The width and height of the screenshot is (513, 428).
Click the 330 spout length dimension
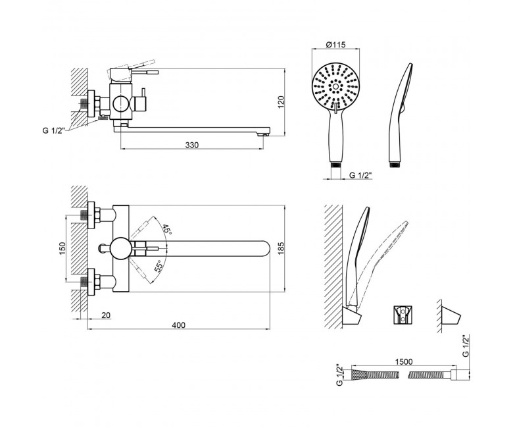pos(192,145)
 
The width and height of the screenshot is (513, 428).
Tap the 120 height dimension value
pos(281,102)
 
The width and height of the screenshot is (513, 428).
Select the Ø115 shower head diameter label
pos(335,45)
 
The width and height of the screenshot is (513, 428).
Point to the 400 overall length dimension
pos(178,325)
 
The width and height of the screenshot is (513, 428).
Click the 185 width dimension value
pos(281,248)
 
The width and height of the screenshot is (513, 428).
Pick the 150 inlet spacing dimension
pos(62,248)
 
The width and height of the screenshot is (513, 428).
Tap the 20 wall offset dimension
pos(106,315)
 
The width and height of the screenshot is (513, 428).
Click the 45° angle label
pos(167,229)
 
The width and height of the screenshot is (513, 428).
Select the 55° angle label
pos(159,267)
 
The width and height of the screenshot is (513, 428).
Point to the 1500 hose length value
pos(404,361)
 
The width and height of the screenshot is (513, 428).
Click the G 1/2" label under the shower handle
pos(361,175)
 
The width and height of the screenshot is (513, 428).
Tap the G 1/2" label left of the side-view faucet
pos(54,130)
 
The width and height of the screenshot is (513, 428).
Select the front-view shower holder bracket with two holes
pos(403,315)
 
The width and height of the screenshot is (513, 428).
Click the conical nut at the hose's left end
pos(357,375)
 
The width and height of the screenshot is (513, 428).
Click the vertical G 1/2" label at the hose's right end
pos(466,345)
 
